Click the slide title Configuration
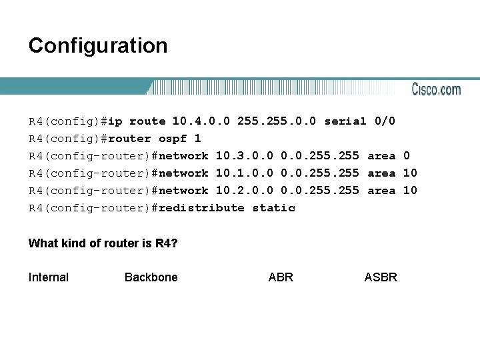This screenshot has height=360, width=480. point(98,46)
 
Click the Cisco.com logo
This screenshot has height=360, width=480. point(436,89)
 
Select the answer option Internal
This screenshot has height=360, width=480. point(49,277)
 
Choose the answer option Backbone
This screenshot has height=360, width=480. point(151,277)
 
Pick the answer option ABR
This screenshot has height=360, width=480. point(281,277)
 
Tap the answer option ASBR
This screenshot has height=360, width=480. point(381,277)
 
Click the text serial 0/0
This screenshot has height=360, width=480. point(359,121)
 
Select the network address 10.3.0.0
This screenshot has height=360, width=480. point(245,156)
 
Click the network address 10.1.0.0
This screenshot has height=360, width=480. point(245,173)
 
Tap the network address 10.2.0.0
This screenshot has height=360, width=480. point(245,191)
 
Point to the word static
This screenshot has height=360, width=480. point(273,208)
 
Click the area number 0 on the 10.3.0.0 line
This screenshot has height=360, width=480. point(407,156)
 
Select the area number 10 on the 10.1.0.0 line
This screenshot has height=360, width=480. point(410,173)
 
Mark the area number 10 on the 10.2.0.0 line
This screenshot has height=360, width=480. point(410,191)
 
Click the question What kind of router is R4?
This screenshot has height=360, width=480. point(103,243)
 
